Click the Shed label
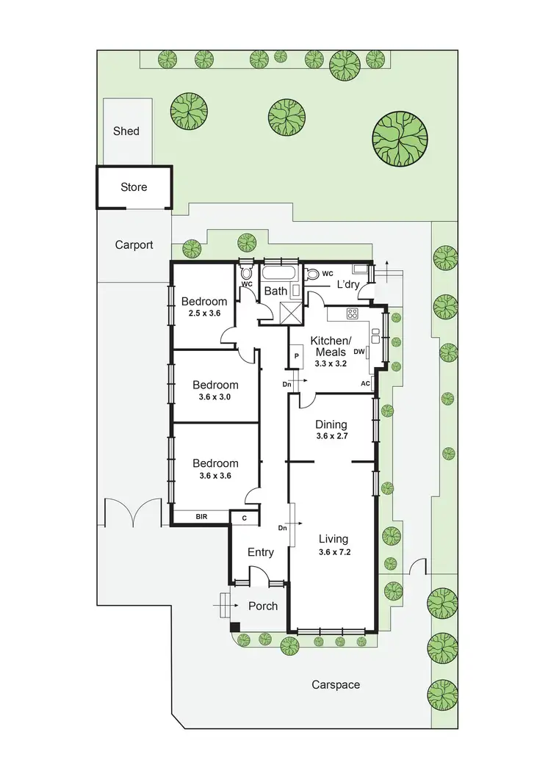pyautogui.click(x=126, y=131)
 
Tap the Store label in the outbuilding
pyautogui.click(x=134, y=187)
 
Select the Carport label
pyautogui.click(x=134, y=245)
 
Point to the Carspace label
pyautogui.click(x=336, y=684)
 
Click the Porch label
pyautogui.click(x=263, y=606)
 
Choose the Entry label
pyautogui.click(x=260, y=552)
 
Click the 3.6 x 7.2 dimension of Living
pyautogui.click(x=334, y=553)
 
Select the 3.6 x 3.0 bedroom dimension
pyautogui.click(x=215, y=398)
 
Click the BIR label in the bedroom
pyautogui.click(x=201, y=518)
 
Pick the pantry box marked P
pyautogui.click(x=297, y=356)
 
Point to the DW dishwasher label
pyautogui.click(x=359, y=352)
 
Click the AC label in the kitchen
pyautogui.click(x=365, y=384)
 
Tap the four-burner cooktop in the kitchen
pyautogui.click(x=352, y=314)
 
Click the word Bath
pyautogui.click(x=275, y=291)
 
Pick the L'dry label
pyautogui.click(x=349, y=286)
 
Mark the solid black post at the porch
pyautogui.click(x=235, y=627)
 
